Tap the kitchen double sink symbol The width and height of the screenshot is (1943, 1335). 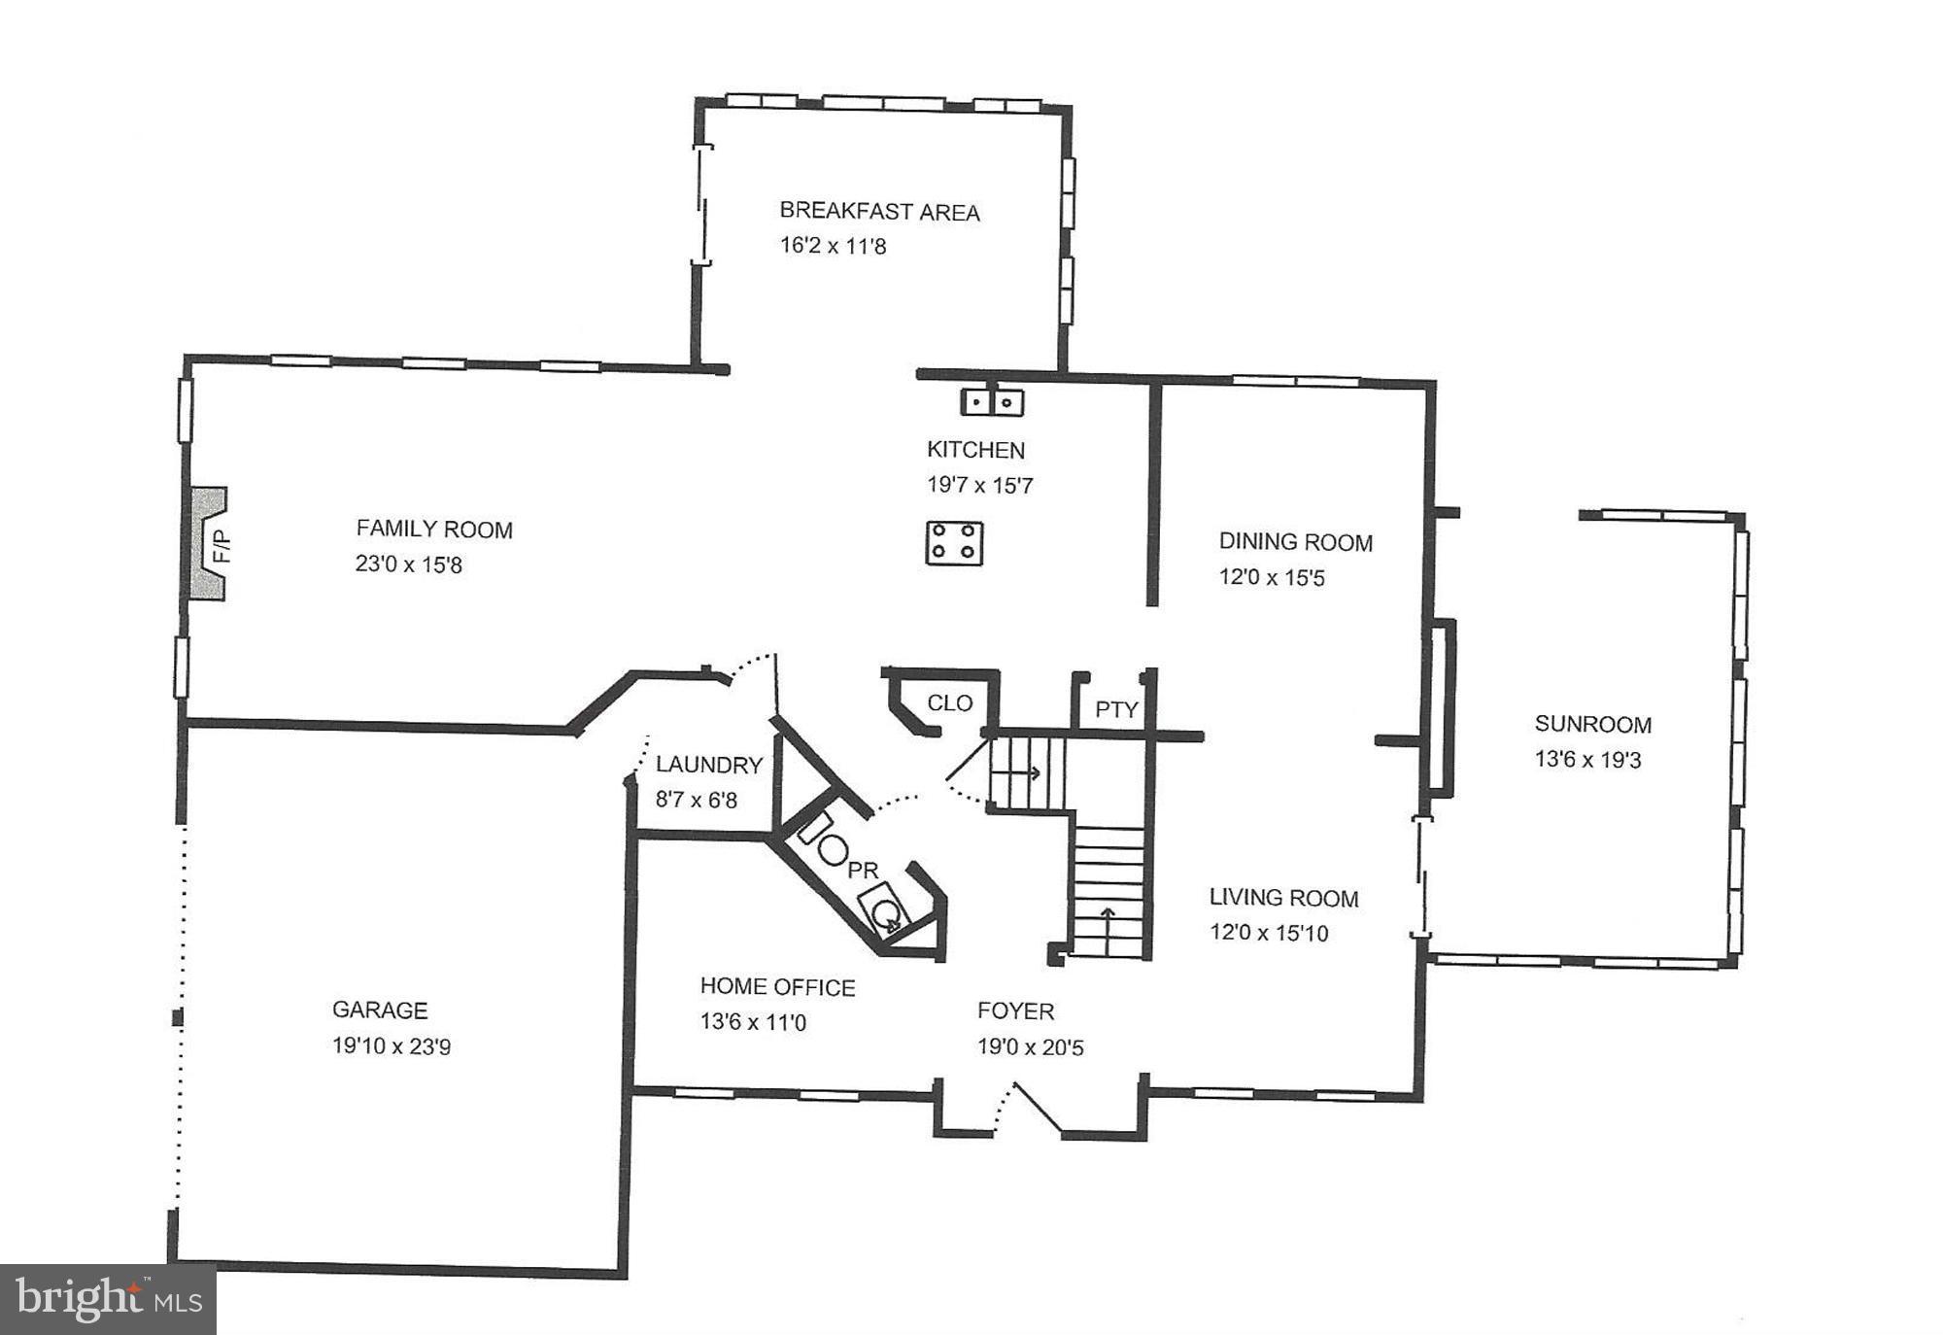(x=992, y=401)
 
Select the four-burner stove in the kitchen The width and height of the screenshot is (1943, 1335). (x=954, y=542)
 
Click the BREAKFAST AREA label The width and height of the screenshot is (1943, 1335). (x=879, y=211)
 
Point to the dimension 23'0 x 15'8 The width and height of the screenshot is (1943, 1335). (x=408, y=565)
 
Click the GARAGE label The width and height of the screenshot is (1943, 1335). (x=380, y=1010)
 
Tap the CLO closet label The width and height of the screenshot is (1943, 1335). (x=949, y=702)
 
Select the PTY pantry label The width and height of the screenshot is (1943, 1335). (x=1116, y=709)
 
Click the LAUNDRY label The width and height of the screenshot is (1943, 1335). (x=708, y=765)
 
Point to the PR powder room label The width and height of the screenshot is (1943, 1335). (x=863, y=870)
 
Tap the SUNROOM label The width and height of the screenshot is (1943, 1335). (x=1592, y=724)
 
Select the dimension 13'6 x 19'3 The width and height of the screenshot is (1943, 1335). (x=1587, y=760)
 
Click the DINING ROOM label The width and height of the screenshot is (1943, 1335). (x=1295, y=541)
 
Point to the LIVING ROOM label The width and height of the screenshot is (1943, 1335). (x=1283, y=898)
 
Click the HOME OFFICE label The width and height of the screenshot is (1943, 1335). (x=777, y=987)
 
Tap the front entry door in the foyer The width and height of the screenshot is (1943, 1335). (x=1036, y=1107)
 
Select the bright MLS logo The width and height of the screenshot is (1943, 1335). (x=108, y=1299)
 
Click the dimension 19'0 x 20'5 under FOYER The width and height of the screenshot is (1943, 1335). (x=1030, y=1047)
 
